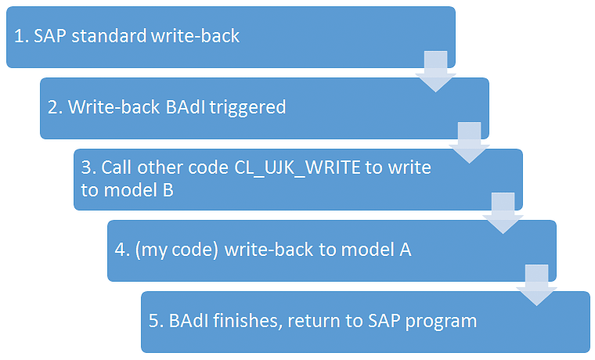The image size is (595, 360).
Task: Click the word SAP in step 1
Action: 50,36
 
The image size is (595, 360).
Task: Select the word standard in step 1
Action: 109,36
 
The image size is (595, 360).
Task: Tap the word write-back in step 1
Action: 195,36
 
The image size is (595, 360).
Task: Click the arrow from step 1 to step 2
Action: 435,71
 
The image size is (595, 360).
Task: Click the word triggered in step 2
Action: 247,108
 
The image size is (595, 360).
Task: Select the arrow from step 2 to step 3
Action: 470,142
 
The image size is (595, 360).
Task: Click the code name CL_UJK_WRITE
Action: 297,168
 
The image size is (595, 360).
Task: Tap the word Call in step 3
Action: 117,167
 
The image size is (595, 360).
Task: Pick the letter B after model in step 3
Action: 168,190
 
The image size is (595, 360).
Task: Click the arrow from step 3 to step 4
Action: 503,213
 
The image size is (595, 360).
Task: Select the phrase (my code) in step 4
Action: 177,250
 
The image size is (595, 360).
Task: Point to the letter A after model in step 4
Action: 406,250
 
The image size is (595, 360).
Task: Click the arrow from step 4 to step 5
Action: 536,286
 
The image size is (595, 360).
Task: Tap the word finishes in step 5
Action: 248,321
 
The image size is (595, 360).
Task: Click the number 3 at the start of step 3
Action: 86,167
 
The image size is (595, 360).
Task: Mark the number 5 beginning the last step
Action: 153,321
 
